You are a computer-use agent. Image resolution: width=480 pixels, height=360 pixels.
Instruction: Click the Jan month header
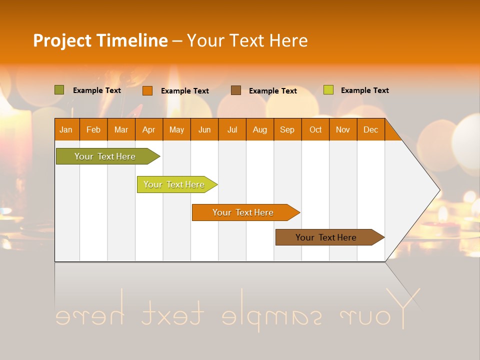tap(66, 129)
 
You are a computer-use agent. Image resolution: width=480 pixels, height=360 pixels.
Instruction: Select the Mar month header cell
tap(121, 129)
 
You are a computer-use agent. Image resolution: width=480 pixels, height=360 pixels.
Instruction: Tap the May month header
tap(176, 129)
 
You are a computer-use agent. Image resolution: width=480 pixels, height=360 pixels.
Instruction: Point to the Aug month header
tap(259, 129)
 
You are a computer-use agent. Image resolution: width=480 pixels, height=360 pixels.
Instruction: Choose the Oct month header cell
tap(315, 129)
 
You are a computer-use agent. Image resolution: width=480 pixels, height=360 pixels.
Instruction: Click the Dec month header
tap(370, 129)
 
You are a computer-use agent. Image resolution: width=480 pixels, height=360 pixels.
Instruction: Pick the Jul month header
tap(232, 129)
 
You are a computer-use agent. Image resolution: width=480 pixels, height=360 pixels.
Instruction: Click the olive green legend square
tap(59, 90)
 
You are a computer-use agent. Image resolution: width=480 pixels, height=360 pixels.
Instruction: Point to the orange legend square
tap(147, 90)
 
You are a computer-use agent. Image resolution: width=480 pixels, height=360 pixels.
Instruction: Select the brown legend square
tap(236, 90)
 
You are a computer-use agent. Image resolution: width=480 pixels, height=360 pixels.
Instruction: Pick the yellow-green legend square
tap(328, 90)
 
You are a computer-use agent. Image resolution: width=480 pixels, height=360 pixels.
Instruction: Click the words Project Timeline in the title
tap(100, 40)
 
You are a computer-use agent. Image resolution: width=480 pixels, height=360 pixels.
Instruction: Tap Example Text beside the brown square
tap(272, 91)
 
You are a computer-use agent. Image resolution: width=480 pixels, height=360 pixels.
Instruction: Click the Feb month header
tap(93, 129)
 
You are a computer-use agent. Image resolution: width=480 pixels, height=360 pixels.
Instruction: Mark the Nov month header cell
tap(342, 129)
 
